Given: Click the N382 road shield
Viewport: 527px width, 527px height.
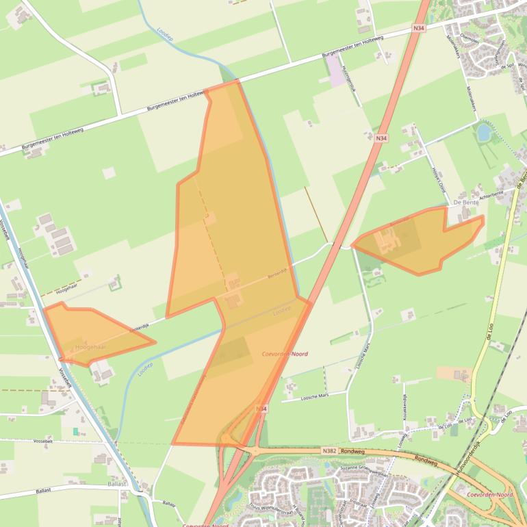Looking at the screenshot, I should [x=329, y=452].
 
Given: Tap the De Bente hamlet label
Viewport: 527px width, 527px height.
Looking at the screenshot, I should [x=465, y=203].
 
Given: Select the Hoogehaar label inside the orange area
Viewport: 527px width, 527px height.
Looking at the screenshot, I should [x=92, y=348].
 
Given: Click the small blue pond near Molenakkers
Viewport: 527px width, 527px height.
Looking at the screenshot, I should [x=483, y=131].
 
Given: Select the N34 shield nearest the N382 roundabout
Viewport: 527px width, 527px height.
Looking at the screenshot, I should [x=261, y=409].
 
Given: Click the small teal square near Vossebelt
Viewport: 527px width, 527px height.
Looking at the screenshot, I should [x=75, y=431].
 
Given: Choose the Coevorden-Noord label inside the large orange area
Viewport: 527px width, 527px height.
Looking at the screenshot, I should [x=285, y=354].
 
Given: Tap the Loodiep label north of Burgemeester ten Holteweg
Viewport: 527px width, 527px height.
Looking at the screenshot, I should [x=164, y=34].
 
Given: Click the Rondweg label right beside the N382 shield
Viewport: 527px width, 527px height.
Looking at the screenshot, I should [x=350, y=452].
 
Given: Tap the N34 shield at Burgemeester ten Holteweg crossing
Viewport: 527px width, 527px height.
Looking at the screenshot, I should [x=419, y=27].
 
